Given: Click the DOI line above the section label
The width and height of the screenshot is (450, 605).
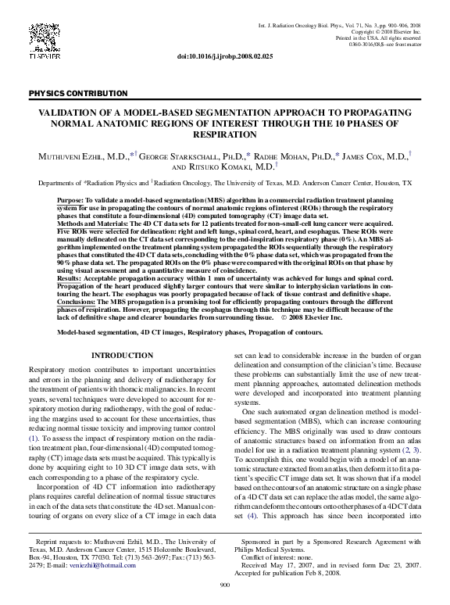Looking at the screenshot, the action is [224, 57].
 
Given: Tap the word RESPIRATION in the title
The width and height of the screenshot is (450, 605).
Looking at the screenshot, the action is [224, 134].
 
